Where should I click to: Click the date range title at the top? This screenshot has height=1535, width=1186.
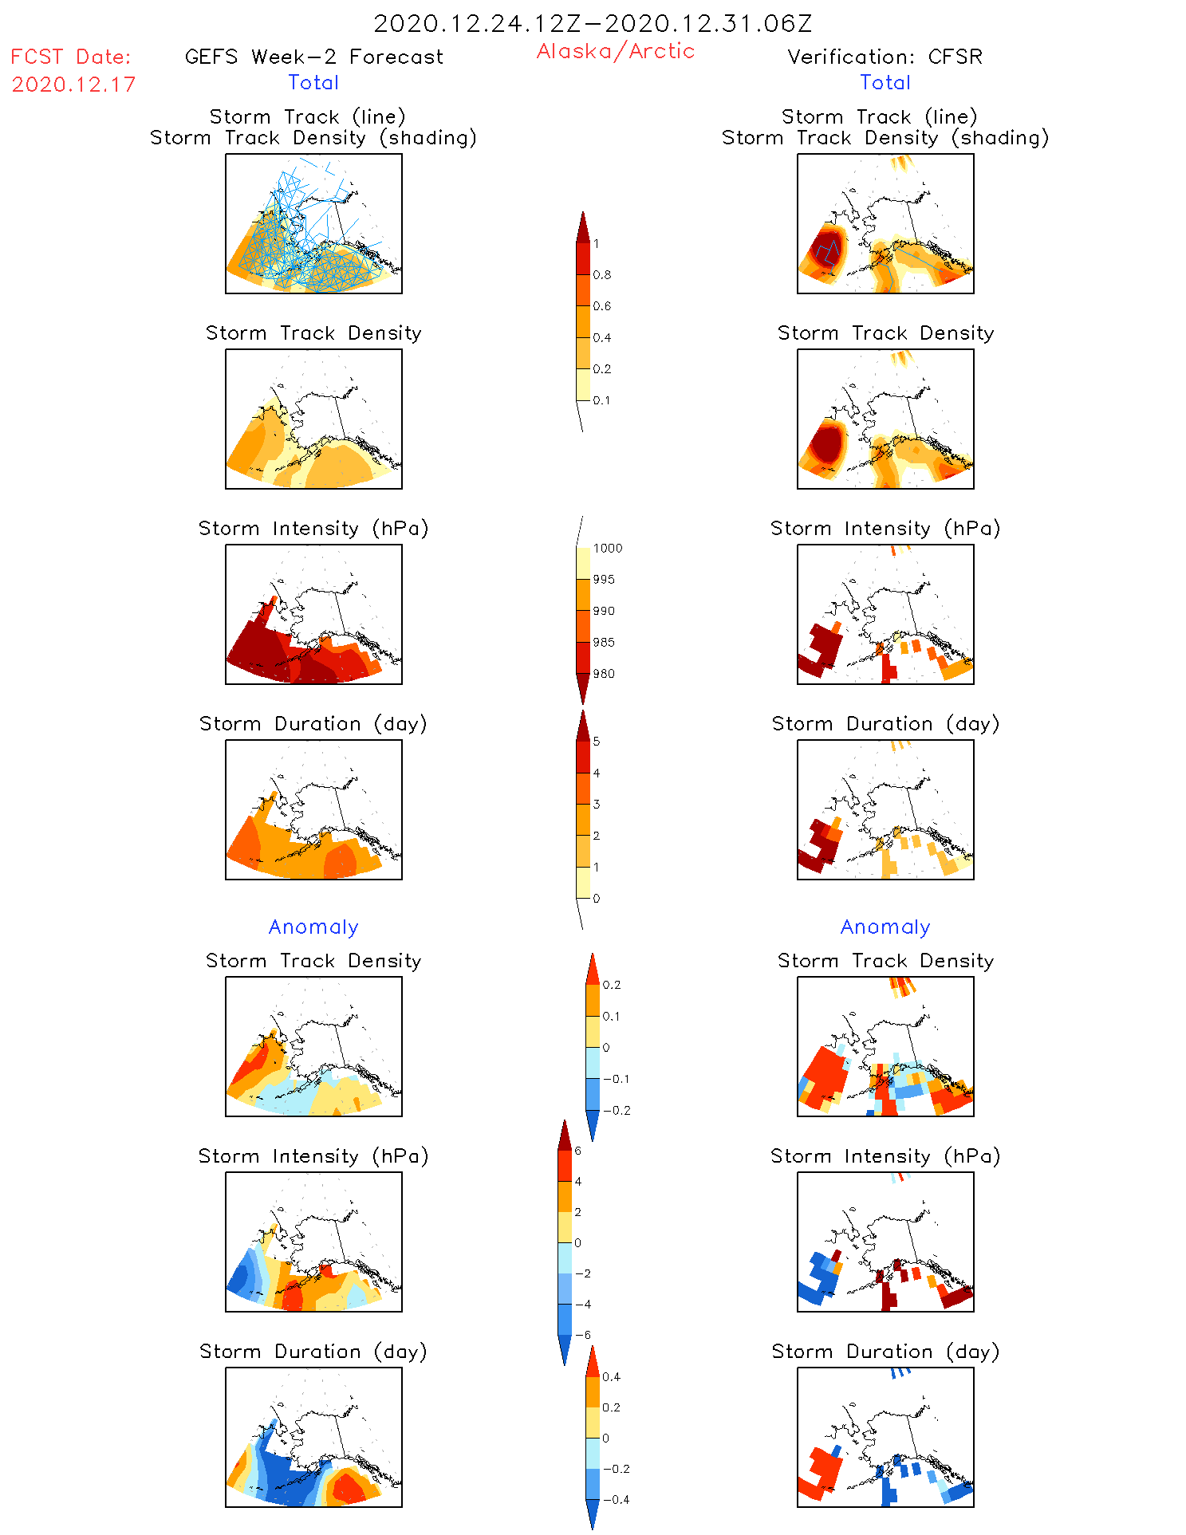coord(593,24)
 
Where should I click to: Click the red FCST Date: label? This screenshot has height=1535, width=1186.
coord(70,57)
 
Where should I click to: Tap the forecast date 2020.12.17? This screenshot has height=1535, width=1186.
coord(73,85)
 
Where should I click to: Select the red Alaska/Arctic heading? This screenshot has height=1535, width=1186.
coord(615,51)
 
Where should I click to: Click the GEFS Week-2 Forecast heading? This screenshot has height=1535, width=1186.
coord(313,57)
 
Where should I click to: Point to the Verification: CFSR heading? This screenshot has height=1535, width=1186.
coord(885,57)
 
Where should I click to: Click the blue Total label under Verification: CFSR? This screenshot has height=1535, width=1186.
coord(885,83)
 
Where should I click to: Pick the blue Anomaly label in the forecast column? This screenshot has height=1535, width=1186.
coord(313,927)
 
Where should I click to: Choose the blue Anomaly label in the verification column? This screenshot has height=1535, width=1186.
coord(885,927)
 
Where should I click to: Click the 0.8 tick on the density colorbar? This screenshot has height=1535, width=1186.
coord(602,275)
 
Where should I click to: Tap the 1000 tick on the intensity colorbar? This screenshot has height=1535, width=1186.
coord(607,549)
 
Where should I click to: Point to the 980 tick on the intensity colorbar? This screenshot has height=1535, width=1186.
coord(604,674)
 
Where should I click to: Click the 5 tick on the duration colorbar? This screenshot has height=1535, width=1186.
coord(597,742)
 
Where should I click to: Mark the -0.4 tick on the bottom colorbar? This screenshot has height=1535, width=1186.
coord(615,1500)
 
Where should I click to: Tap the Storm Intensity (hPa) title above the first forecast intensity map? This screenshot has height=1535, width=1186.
coord(313,529)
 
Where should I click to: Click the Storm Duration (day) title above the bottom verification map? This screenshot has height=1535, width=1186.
coord(885,1352)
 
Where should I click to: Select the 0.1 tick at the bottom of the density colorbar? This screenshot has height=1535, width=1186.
coord(601,400)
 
